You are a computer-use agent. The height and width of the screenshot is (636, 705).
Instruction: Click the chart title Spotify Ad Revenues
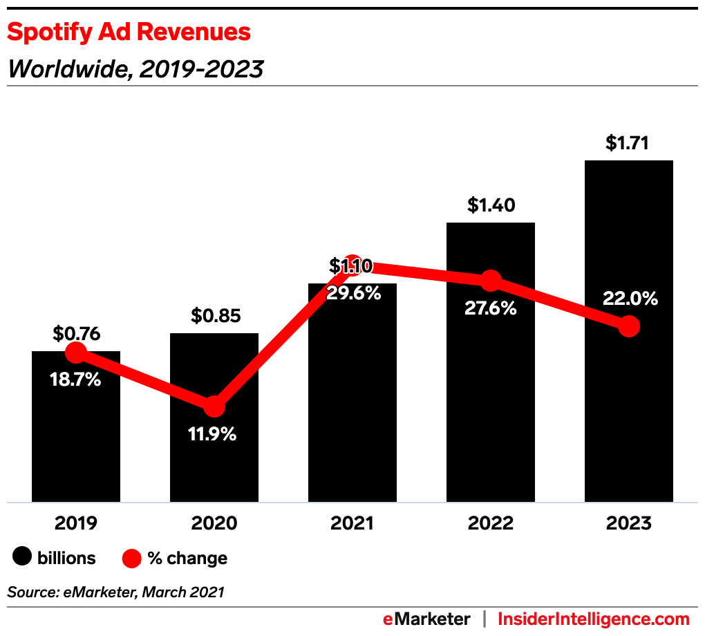pos(129,32)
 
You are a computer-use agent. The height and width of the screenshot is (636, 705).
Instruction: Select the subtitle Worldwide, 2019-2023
pos(135,68)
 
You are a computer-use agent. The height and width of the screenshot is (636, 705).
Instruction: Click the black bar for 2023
pos(628,415)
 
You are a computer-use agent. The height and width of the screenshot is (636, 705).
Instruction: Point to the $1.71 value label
pos(628,143)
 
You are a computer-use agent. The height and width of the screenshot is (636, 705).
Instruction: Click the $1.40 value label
pos(490,205)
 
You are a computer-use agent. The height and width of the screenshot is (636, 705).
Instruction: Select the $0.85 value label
pos(214,316)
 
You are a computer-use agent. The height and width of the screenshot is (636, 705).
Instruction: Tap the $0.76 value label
pos(76,334)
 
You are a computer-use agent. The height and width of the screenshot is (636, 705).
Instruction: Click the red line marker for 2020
pos(214,406)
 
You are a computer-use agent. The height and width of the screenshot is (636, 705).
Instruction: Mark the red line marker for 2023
pos(628,326)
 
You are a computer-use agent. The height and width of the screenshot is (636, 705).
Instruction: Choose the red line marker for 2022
pos(490,280)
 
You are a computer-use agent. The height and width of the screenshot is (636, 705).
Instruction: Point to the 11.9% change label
pos(214,434)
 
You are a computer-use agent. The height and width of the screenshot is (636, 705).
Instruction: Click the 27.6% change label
pos(490,308)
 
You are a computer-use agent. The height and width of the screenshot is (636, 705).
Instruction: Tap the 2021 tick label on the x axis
pos(352,523)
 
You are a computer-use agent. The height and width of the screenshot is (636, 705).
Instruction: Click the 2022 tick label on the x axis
pos(490,523)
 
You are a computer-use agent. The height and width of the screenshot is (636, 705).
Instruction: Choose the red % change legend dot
pos(131,557)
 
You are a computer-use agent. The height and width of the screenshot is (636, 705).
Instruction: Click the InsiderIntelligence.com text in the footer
pos(594,619)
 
